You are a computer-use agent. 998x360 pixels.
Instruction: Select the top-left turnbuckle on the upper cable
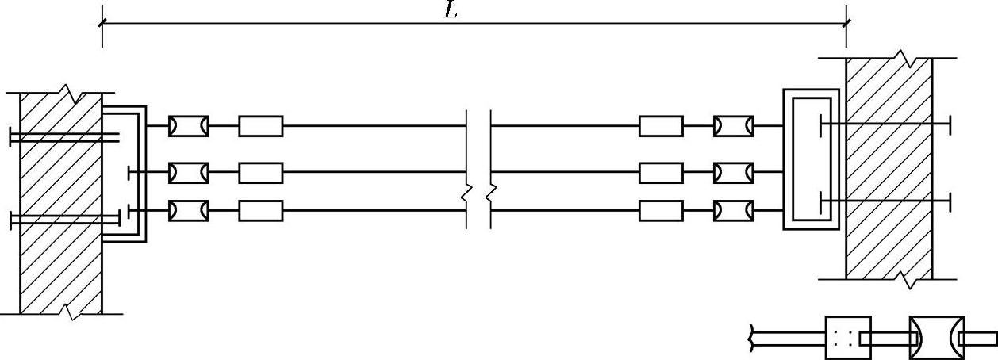(x=189, y=126)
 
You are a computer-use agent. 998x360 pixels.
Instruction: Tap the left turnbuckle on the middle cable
(x=189, y=171)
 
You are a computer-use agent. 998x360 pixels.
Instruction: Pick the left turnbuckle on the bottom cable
(x=189, y=210)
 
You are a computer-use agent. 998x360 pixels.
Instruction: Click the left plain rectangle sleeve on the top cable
(x=260, y=126)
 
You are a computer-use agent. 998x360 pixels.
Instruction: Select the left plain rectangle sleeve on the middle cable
(x=260, y=171)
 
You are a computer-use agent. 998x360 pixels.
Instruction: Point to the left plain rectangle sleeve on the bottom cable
(x=260, y=210)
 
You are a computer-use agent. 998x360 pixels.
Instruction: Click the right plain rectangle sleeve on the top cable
(x=661, y=126)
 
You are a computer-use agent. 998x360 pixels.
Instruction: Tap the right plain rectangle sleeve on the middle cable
(x=661, y=171)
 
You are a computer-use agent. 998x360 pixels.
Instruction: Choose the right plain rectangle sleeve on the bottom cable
(x=661, y=210)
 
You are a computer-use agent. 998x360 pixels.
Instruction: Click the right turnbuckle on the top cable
(x=733, y=126)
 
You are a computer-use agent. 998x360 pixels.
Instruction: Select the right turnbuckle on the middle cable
(x=733, y=171)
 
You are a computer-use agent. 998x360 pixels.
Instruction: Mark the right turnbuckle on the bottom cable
(x=733, y=210)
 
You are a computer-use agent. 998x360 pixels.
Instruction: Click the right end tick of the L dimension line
(x=846, y=23)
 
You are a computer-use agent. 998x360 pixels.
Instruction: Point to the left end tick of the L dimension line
(x=102, y=23)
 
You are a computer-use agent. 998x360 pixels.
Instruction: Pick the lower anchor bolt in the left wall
(x=63, y=220)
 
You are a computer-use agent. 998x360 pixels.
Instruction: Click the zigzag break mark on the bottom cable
(x=478, y=192)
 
